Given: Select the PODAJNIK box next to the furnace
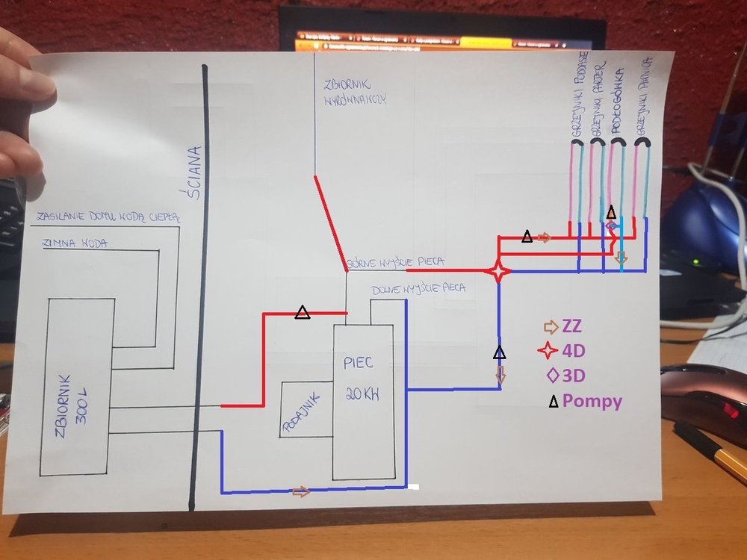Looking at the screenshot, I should pos(307,410).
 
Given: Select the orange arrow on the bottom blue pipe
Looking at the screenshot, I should pos(300,491).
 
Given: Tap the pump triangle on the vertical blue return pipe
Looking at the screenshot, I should pos(500,352).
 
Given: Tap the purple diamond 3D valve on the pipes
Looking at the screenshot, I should pos(610,225).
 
